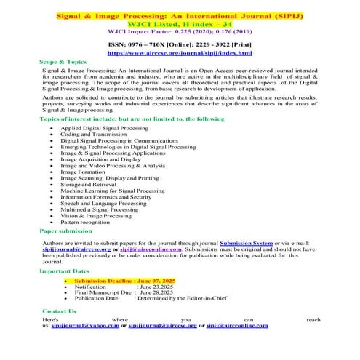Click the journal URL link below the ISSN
(x=180, y=53)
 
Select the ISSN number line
(x=180, y=44)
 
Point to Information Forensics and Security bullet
(x=105, y=196)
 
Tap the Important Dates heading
(x=65, y=271)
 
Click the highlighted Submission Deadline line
(x=124, y=280)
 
